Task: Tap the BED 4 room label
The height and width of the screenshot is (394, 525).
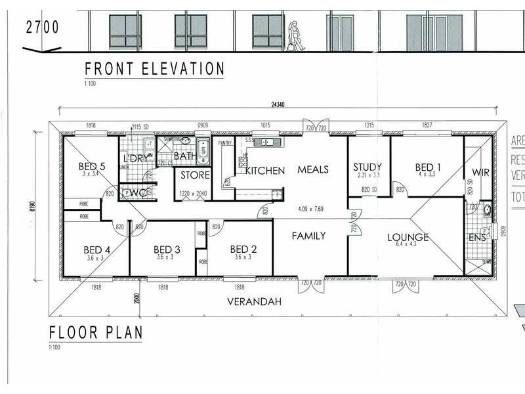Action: click(96, 250)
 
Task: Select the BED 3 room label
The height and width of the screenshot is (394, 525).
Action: click(167, 250)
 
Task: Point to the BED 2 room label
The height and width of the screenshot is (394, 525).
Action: click(243, 250)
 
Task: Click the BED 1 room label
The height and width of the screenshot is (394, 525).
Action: click(428, 167)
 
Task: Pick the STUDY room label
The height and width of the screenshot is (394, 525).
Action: click(367, 167)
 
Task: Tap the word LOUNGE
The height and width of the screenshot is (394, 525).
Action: click(408, 237)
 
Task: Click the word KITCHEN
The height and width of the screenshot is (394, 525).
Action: click(265, 171)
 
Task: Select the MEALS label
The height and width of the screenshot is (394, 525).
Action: click(313, 170)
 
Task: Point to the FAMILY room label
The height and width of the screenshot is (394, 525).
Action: click(309, 236)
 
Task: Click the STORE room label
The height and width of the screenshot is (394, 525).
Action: click(195, 175)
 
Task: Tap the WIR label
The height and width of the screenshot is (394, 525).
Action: click(481, 173)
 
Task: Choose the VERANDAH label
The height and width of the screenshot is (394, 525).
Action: click(254, 302)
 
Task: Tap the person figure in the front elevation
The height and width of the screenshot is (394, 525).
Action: click(296, 35)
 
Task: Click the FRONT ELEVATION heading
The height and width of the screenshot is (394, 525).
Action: click(154, 69)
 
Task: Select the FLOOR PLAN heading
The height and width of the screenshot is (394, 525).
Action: click(96, 332)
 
